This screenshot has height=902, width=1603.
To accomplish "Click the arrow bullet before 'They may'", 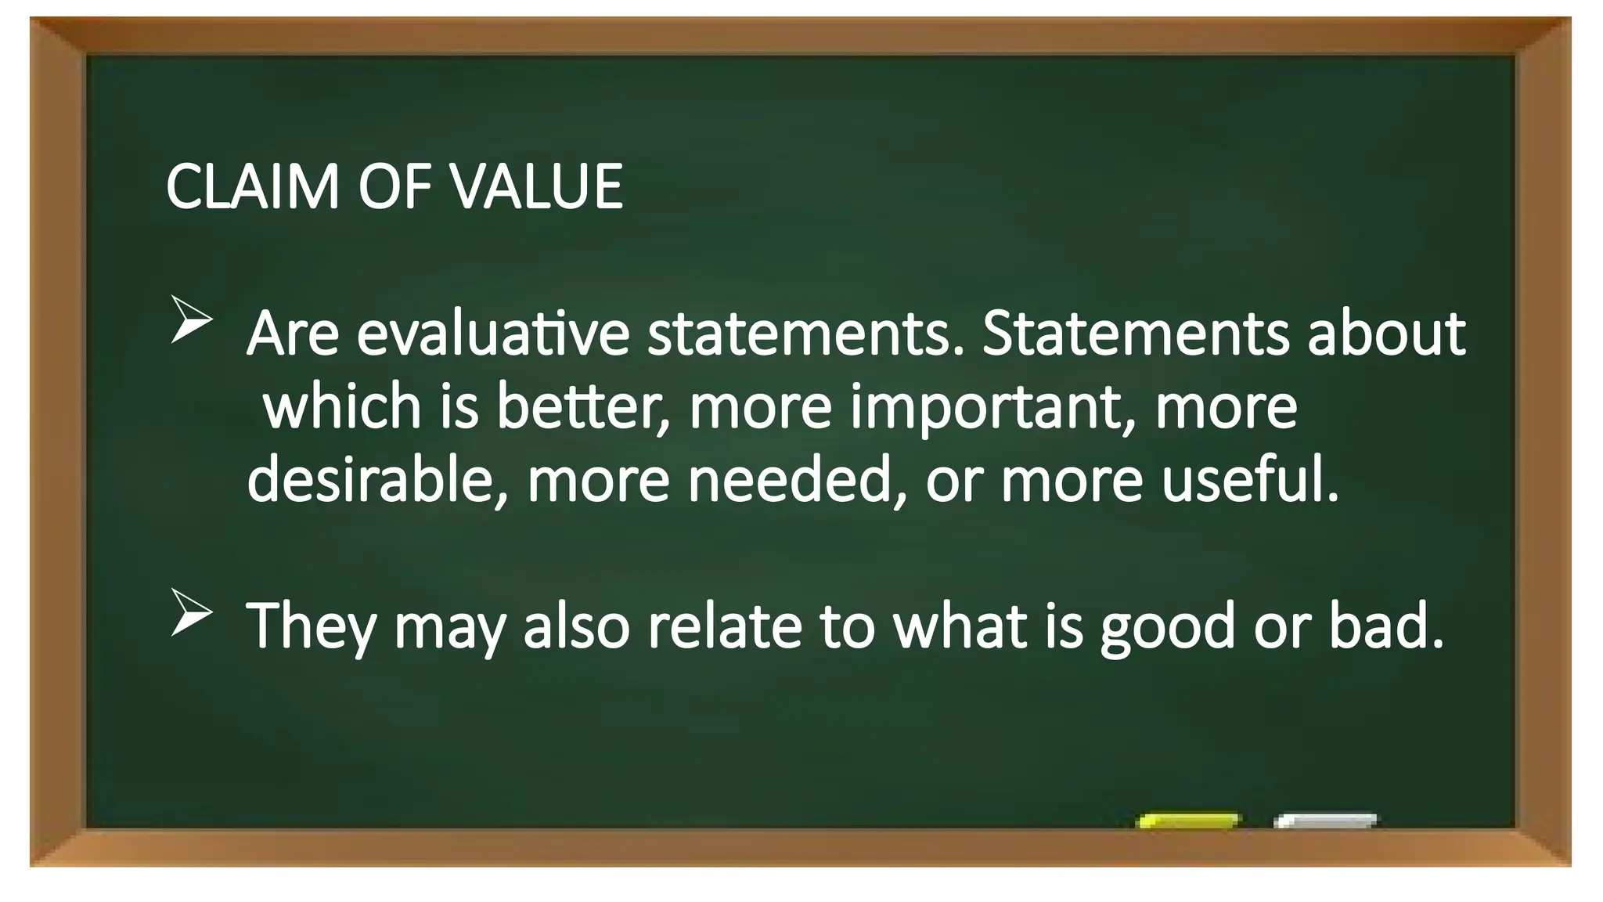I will (x=191, y=612).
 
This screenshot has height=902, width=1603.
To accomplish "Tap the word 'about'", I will (x=1386, y=334).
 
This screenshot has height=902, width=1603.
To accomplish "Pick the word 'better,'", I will (x=584, y=406).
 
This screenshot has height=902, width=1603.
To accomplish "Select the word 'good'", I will (x=1167, y=626).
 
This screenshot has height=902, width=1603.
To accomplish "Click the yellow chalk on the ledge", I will (x=1188, y=821).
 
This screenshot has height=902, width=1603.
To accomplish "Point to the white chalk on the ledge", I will (x=1325, y=821).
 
